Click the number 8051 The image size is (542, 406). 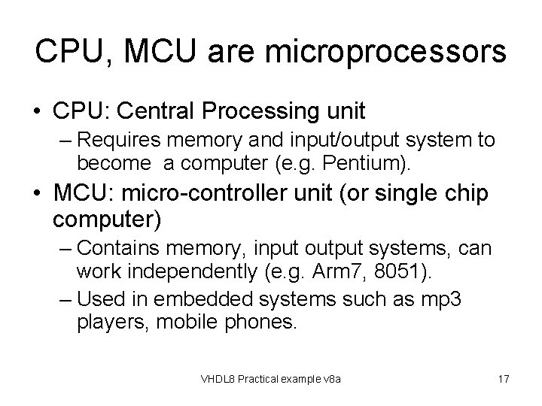coord(381,268)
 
